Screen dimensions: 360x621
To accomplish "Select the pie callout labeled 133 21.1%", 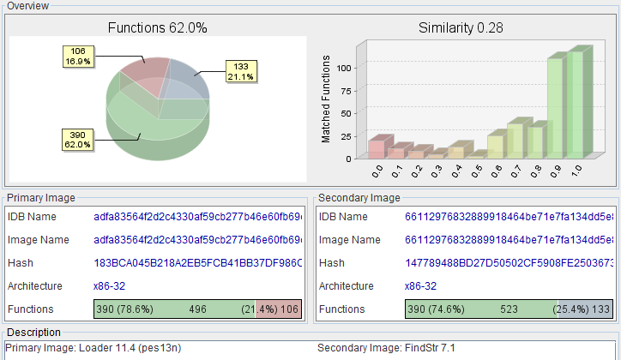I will click(x=240, y=71).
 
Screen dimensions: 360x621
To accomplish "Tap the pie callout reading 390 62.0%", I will click(x=77, y=138).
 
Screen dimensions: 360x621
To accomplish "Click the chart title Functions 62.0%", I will click(x=157, y=27).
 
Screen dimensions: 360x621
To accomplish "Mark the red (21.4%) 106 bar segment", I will click(x=278, y=309).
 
